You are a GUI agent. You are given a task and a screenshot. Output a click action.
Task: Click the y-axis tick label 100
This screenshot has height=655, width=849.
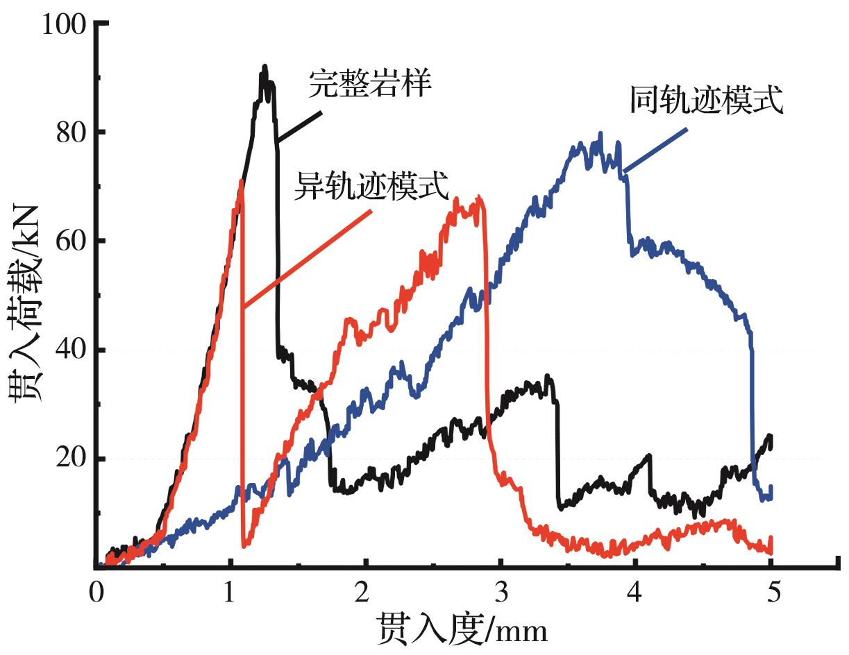tap(64, 25)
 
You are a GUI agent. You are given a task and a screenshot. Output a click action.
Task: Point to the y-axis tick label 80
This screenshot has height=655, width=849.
tap(71, 132)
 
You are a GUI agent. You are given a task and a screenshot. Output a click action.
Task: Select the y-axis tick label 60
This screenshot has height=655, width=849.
tap(71, 241)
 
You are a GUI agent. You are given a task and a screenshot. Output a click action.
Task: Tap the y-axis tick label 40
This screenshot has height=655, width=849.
tap(71, 350)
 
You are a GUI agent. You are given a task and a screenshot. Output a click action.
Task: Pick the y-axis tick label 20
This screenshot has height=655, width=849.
tap(71, 459)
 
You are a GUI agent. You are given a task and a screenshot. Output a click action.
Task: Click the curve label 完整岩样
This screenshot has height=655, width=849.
tap(371, 84)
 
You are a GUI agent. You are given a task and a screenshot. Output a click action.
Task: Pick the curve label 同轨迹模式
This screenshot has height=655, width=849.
tap(707, 101)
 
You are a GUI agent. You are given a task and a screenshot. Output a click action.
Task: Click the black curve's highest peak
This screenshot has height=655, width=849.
tap(264, 67)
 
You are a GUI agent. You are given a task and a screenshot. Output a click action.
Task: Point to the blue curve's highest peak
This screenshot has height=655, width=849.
tap(600, 134)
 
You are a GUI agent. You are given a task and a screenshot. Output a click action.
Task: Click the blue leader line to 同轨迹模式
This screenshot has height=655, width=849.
tap(656, 149)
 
